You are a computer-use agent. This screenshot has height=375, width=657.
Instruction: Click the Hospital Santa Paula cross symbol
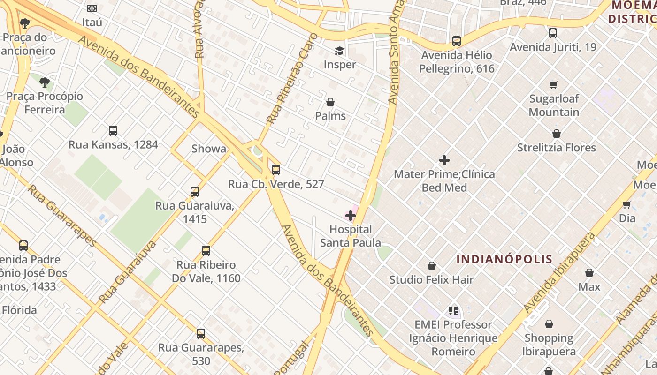350,216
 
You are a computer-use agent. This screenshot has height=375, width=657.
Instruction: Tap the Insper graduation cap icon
339,51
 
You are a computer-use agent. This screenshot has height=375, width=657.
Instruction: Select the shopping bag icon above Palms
330,102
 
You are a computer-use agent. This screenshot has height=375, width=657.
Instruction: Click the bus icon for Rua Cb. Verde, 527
276,170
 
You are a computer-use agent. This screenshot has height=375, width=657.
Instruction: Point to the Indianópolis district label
504,259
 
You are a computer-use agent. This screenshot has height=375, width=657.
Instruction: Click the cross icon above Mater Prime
444,161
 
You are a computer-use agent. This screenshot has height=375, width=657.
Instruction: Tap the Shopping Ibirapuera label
549,345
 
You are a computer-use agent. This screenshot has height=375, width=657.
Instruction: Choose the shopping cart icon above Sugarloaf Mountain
554,85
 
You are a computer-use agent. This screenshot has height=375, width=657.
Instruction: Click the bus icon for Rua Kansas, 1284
113,131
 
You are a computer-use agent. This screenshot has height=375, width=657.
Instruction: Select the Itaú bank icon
92,8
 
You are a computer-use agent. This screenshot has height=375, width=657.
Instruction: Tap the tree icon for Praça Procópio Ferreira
45,83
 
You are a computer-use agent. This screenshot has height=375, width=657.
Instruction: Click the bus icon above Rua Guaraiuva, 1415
195,192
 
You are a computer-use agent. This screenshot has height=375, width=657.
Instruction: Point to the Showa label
209,149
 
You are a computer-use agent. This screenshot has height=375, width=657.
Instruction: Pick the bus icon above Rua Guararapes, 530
201,334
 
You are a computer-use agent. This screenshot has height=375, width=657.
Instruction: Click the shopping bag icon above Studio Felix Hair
432,266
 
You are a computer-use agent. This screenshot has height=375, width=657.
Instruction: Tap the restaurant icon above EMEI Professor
453,310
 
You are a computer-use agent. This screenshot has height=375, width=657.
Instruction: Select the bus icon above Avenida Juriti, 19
553,33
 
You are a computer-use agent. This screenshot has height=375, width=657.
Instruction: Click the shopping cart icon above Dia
626,204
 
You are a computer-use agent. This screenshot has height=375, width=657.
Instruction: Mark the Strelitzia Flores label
557,148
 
